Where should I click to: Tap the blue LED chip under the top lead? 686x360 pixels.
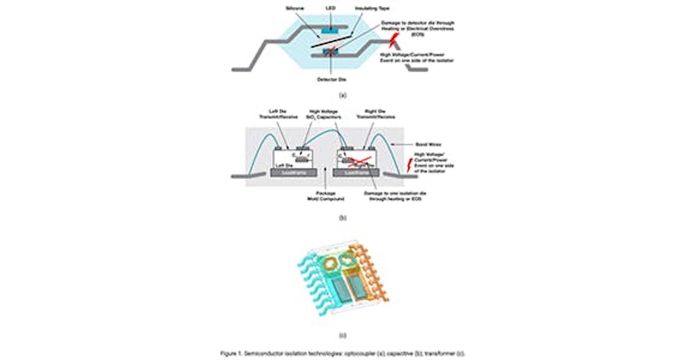pyautogui.click(x=329, y=29)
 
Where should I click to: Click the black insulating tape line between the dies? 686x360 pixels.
pyautogui.click(x=332, y=42)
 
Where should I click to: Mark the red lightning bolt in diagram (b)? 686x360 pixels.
pyautogui.click(x=408, y=166)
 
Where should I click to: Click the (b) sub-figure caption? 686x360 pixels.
pyautogui.click(x=342, y=218)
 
